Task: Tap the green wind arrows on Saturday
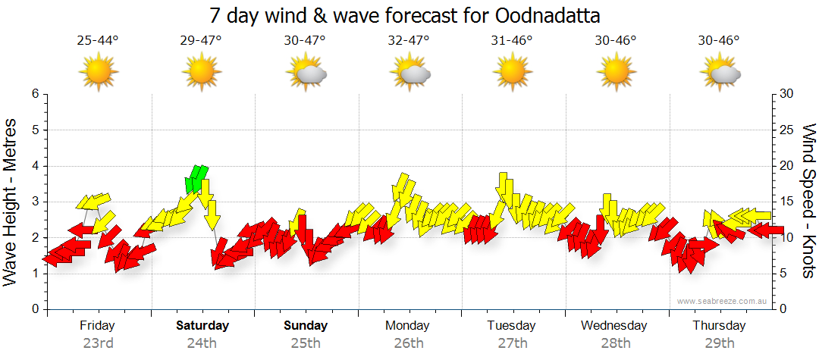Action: click(x=197, y=178)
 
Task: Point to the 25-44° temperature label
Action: click(x=98, y=40)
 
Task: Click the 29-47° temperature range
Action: click(x=201, y=40)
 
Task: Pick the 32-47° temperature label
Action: click(x=409, y=40)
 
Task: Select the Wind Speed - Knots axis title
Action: click(x=808, y=201)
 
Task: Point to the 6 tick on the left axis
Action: click(x=35, y=94)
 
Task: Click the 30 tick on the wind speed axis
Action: click(x=786, y=94)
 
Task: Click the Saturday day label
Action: click(x=202, y=325)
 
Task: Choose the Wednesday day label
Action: click(x=614, y=325)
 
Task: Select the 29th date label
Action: click(x=719, y=343)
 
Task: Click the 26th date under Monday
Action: click(x=409, y=343)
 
